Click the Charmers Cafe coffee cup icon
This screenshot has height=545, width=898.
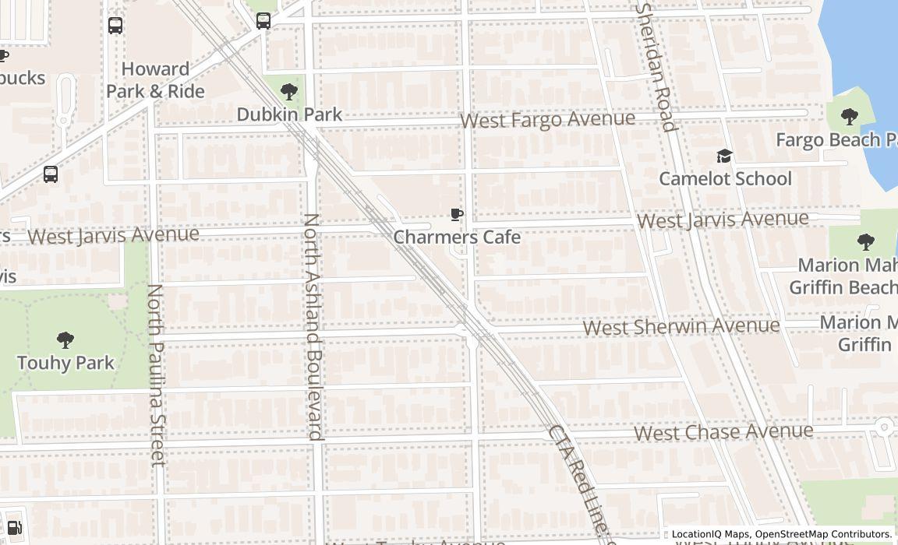[x=457, y=215]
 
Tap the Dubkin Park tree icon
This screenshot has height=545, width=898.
[x=289, y=92]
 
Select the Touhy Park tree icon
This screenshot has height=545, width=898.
[x=65, y=339]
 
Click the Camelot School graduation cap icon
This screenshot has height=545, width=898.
[x=724, y=156]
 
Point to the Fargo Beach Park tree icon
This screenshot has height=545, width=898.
[x=850, y=118]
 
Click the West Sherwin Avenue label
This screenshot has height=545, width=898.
[x=681, y=326]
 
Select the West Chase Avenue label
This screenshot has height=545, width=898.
[x=723, y=431]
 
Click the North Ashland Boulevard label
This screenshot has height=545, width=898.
[x=313, y=327]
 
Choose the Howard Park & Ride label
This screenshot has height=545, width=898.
[x=155, y=80]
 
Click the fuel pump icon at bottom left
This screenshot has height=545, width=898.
[x=13, y=527]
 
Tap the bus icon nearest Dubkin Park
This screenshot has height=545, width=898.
[x=263, y=21]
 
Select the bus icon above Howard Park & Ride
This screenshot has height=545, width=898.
[x=115, y=26]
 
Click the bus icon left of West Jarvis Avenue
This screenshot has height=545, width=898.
[x=51, y=174]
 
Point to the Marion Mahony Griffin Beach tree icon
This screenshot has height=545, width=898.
[x=865, y=242]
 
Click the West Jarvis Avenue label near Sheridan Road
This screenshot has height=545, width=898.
[x=722, y=220]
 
